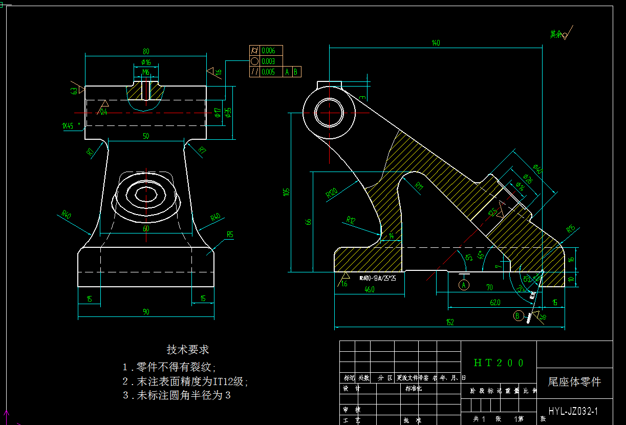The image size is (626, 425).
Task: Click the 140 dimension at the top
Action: (436, 43)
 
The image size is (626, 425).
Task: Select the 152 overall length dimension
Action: (450, 322)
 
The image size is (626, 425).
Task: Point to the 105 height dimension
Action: (287, 192)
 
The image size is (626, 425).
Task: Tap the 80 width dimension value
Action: (146, 51)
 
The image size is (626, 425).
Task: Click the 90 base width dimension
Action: (146, 312)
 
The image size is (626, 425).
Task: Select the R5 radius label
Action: (230, 235)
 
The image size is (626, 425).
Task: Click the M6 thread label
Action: (146, 72)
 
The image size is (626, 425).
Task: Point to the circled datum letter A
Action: (464, 284)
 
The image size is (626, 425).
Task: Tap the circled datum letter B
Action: (518, 315)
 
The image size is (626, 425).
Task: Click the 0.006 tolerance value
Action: (268, 50)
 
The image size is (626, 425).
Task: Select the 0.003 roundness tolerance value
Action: (268, 61)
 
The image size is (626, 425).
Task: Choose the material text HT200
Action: (499, 363)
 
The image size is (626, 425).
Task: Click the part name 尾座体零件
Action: (574, 382)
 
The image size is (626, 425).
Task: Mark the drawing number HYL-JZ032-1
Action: (573, 411)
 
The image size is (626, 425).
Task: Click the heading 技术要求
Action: (188, 350)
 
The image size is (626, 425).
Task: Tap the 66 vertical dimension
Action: (309, 221)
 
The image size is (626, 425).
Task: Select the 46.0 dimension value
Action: (369, 289)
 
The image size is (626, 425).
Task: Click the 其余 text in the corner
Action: (556, 34)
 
